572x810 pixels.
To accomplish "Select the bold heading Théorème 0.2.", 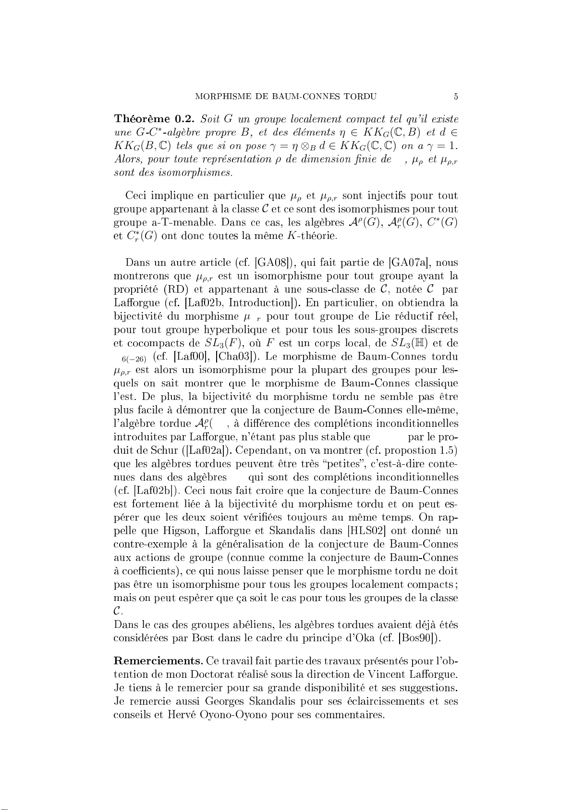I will coord(155,119).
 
